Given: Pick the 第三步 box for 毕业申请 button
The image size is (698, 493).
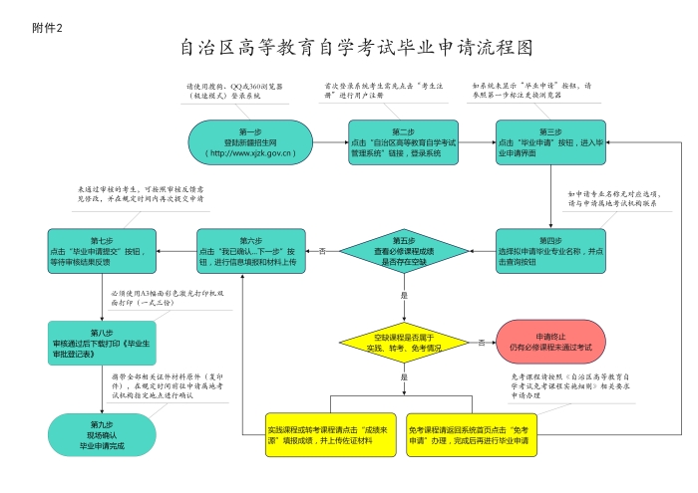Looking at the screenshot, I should (550, 142).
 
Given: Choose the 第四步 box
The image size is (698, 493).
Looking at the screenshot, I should (550, 252).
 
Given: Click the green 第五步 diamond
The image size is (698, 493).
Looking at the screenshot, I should (404, 252).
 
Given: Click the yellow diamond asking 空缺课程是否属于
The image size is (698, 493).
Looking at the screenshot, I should (404, 343).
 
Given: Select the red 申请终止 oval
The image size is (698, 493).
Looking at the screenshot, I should (550, 342).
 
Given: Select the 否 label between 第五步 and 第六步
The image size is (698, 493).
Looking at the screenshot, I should (322, 251).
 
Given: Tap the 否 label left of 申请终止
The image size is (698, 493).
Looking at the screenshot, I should (482, 342).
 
